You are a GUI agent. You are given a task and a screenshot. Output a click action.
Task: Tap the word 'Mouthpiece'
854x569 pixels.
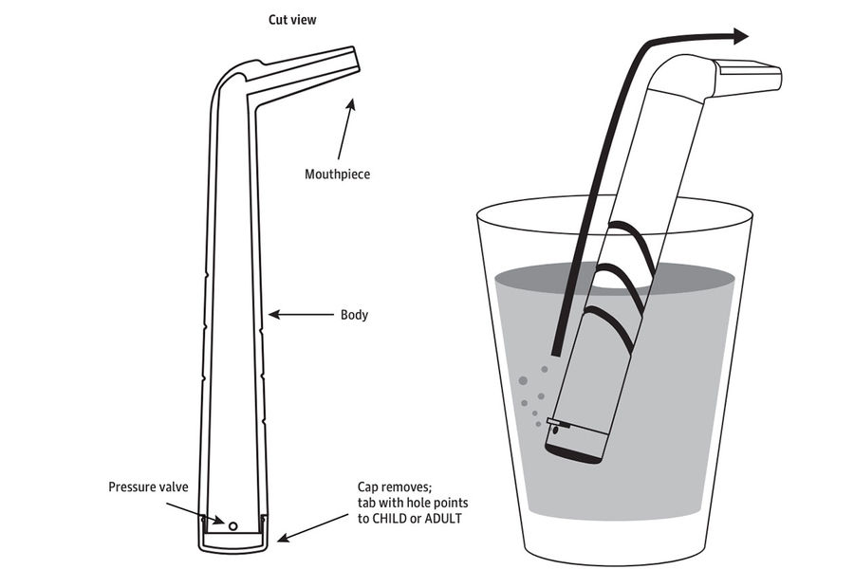[337, 174]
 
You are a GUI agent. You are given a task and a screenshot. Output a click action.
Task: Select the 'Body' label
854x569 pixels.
[353, 315]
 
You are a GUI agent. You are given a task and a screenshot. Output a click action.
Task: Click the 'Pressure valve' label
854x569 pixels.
[148, 487]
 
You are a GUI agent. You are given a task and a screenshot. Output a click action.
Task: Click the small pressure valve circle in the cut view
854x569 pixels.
[232, 523]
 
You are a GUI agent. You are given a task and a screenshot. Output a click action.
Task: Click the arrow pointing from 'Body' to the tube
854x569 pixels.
[298, 315]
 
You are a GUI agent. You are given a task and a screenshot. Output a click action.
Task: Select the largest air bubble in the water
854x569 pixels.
[521, 381]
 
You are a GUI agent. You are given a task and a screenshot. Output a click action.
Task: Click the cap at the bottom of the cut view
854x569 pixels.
[232, 541]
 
